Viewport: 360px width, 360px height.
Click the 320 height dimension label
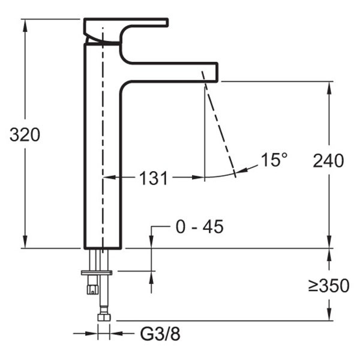(25, 135)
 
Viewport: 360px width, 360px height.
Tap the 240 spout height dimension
(328, 161)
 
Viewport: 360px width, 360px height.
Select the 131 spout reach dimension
(154, 178)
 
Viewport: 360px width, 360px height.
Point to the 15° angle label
(274, 160)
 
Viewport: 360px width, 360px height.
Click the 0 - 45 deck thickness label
(200, 227)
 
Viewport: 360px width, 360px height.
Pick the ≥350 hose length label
(329, 286)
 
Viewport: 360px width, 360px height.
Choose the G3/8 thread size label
(160, 334)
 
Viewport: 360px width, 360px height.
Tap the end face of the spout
(217, 72)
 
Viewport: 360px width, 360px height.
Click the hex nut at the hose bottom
(104, 317)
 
